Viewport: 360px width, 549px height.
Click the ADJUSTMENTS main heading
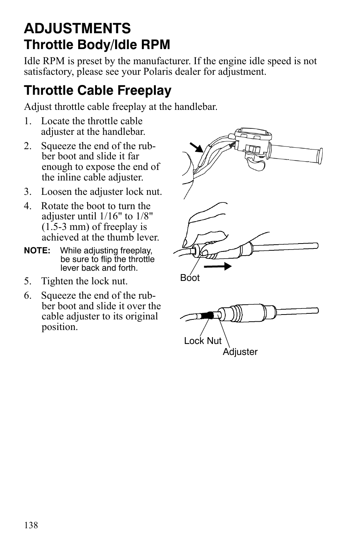point(77,28)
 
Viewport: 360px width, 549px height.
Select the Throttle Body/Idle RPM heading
point(97,45)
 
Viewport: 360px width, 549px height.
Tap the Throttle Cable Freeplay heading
point(98,91)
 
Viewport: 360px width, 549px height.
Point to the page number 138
point(31,525)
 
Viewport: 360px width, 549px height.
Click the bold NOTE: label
point(37,251)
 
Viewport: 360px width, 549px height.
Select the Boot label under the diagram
point(189,278)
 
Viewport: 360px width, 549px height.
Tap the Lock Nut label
point(203,341)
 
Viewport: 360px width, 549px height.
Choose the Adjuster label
point(240,352)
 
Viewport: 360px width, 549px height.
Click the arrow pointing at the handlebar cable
point(196,147)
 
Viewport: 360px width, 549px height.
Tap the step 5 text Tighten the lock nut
point(84,281)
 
